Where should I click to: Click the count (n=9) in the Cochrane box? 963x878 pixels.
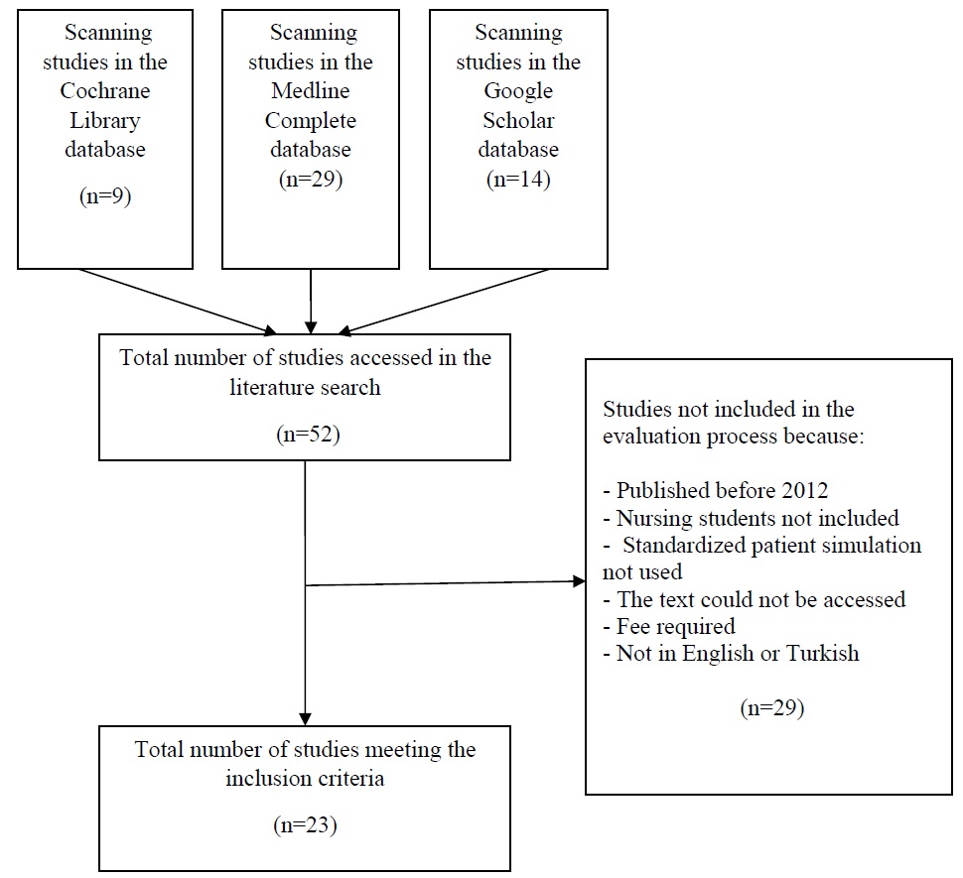pyautogui.click(x=105, y=195)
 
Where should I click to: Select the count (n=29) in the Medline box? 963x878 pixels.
pyautogui.click(x=311, y=180)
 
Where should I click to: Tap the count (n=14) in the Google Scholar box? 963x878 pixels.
pyautogui.click(x=517, y=180)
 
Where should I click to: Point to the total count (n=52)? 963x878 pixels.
pyautogui.click(x=305, y=435)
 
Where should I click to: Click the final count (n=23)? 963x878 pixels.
pyautogui.click(x=305, y=824)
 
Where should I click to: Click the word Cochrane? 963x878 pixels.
pyautogui.click(x=105, y=91)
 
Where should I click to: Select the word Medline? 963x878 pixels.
pyautogui.click(x=311, y=91)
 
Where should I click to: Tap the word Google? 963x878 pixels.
pyautogui.click(x=517, y=91)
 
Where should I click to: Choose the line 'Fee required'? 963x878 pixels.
pyautogui.click(x=675, y=626)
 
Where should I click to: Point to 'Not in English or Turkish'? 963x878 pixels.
pyautogui.click(x=739, y=653)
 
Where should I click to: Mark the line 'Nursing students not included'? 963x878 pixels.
pyautogui.click(x=757, y=518)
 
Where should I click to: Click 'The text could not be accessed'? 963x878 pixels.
pyautogui.click(x=759, y=599)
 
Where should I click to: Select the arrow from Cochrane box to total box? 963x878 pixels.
pyautogui.click(x=179, y=302)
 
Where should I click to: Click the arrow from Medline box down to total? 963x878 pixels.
pyautogui.click(x=311, y=302)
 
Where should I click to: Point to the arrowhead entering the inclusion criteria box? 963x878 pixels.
pyautogui.click(x=305, y=717)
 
